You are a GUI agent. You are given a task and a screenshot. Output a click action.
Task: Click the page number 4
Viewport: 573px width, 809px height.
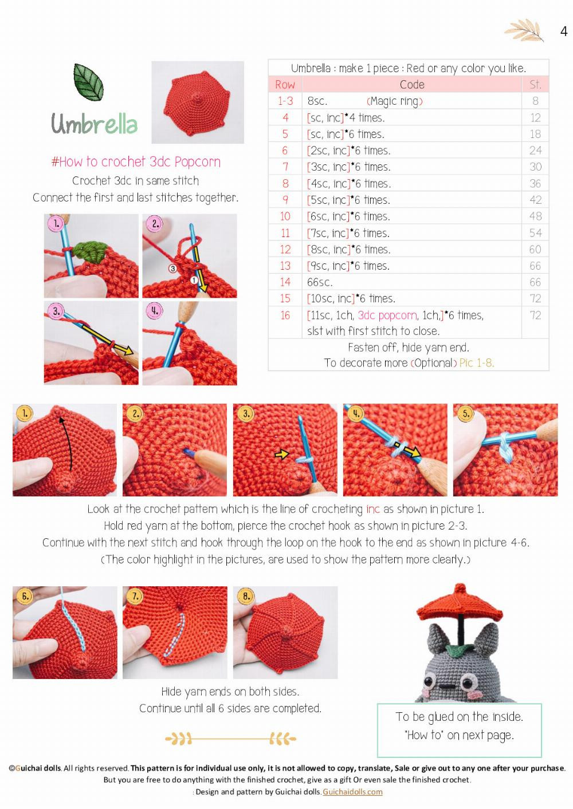563,31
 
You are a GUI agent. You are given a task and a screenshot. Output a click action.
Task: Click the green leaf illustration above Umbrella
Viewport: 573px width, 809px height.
88,81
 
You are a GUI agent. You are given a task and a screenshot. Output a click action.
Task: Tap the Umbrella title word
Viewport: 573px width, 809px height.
95,124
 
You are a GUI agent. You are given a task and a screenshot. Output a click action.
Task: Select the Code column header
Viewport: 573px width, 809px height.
412,85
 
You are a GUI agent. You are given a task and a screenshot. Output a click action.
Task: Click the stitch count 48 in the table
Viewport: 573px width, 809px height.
535,216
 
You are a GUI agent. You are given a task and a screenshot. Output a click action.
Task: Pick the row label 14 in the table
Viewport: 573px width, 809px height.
285,282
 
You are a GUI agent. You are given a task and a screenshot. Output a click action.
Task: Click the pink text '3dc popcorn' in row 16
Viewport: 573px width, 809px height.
387,315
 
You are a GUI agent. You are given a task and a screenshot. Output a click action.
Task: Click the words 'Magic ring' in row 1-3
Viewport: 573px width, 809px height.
394,101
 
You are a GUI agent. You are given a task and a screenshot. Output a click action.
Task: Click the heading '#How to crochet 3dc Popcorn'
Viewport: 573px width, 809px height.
136,162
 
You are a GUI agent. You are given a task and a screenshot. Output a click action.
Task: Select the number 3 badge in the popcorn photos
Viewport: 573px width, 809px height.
56,311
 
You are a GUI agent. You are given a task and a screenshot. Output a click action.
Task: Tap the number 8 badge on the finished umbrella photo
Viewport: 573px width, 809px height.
246,596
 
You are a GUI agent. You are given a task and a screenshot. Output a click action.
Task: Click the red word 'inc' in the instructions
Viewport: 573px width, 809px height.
372,509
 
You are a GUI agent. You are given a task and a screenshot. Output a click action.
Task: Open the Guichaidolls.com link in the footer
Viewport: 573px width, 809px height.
352,792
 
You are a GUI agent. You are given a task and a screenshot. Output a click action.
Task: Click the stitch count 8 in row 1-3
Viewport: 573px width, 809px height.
535,101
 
